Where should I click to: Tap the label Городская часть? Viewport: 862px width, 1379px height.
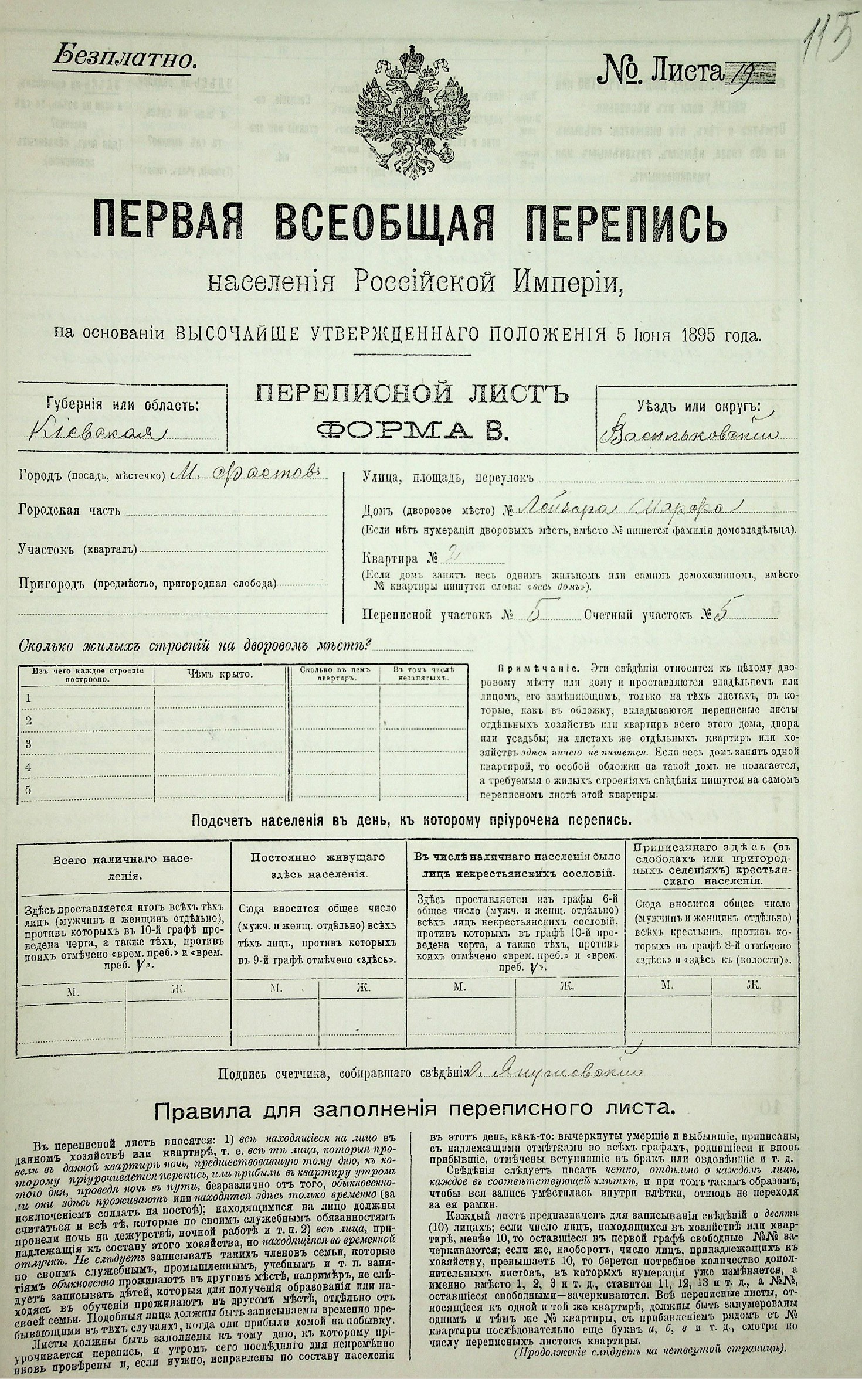click(70, 510)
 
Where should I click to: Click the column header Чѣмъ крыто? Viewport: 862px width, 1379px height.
click(219, 675)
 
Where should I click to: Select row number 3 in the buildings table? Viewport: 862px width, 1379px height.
click(28, 744)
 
